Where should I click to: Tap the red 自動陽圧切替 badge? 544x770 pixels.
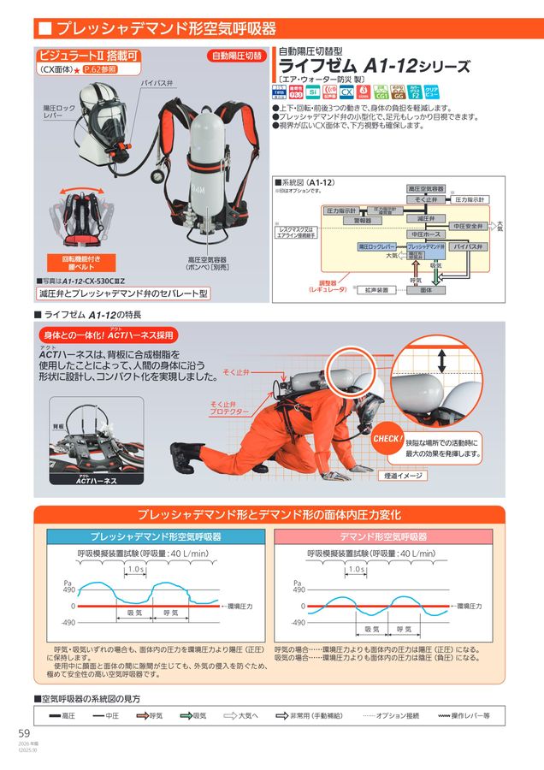(x=237, y=56)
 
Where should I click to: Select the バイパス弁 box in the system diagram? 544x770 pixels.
(x=468, y=246)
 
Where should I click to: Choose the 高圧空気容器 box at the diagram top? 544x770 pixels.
(x=425, y=187)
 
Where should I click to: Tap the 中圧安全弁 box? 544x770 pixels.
(x=469, y=226)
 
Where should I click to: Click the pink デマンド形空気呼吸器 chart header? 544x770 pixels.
(x=383, y=536)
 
